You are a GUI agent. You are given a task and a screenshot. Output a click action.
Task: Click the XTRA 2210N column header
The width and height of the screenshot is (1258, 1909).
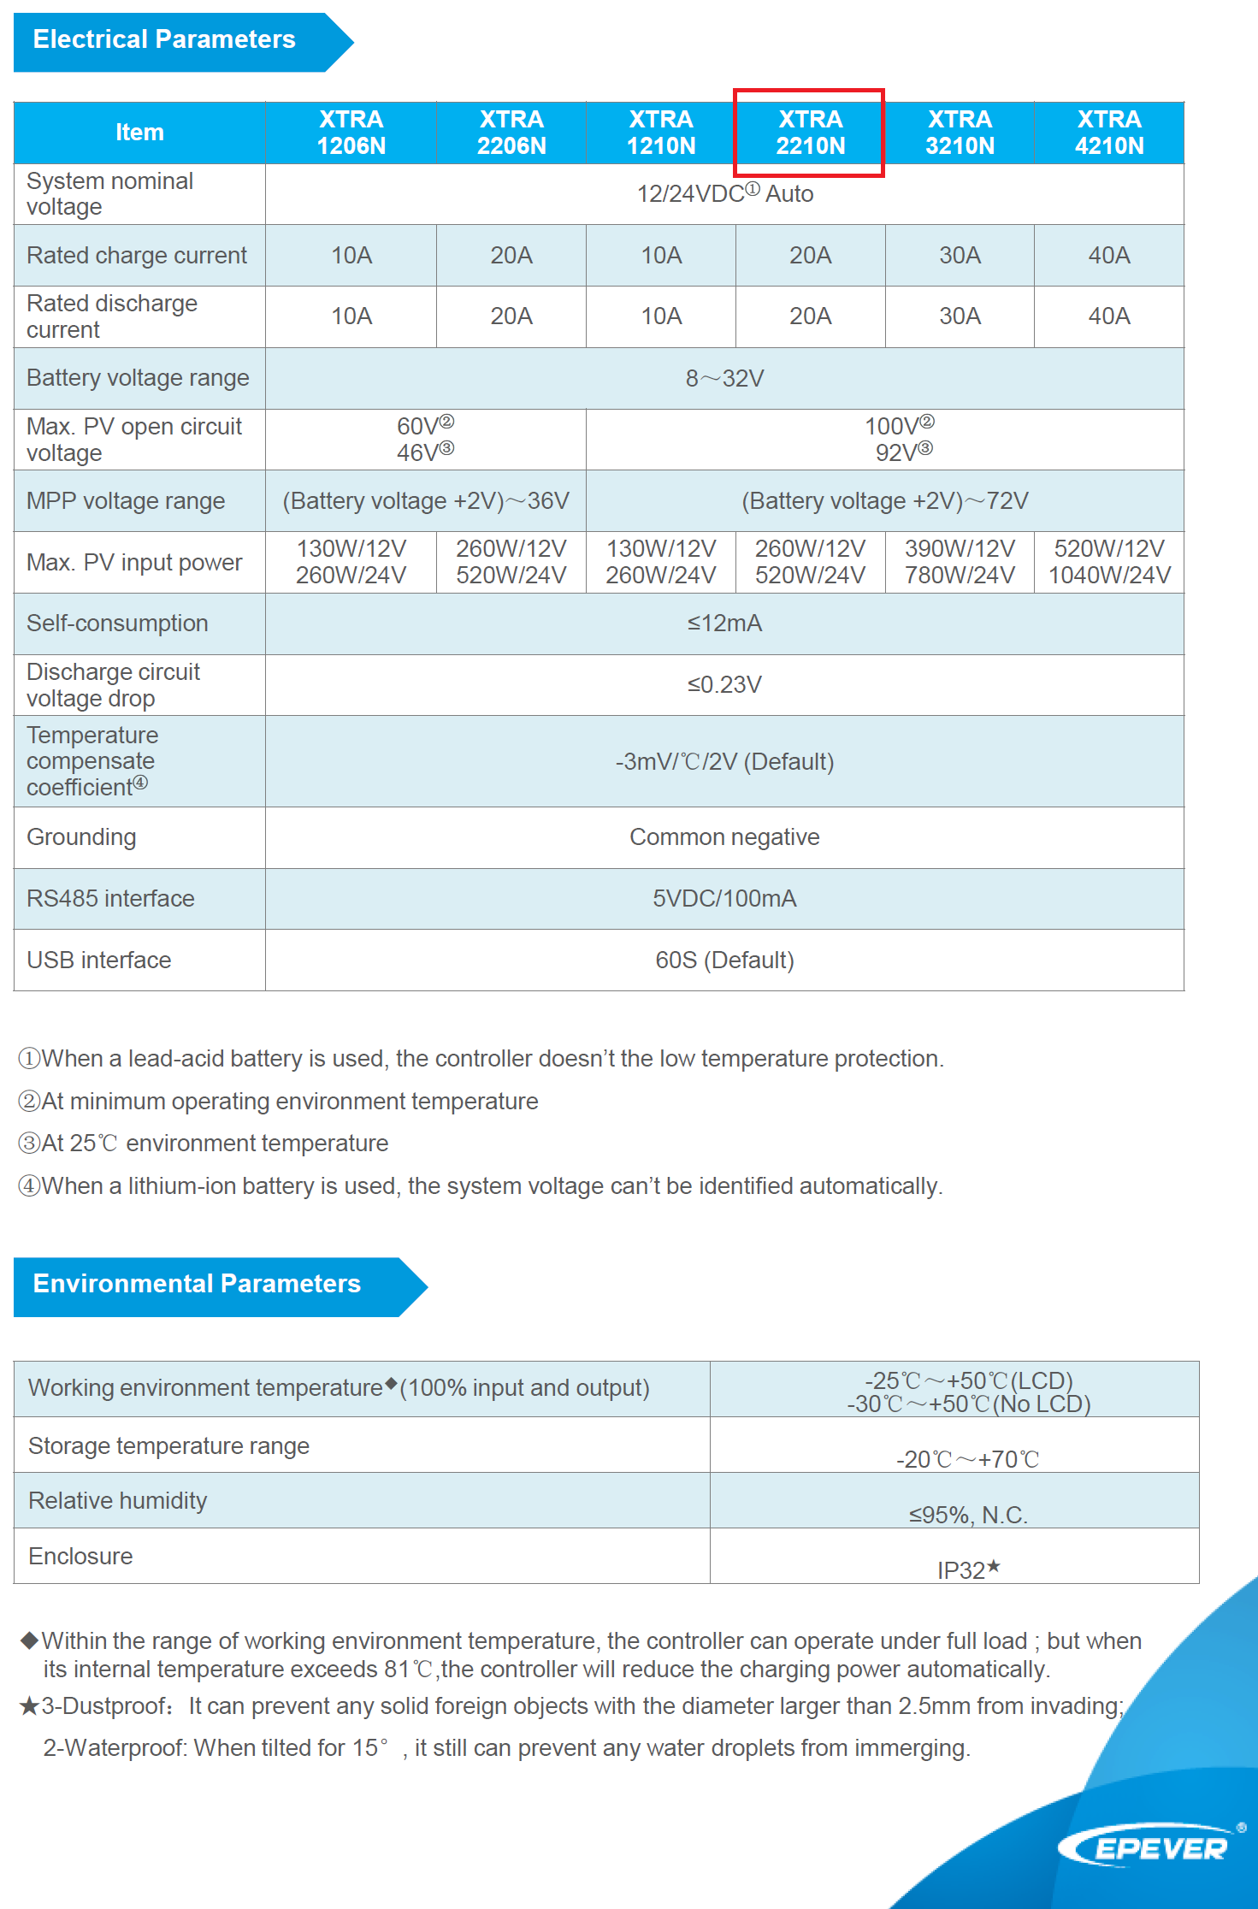(810, 133)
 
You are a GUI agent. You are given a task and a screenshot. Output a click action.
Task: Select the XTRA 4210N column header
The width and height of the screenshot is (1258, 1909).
(1108, 133)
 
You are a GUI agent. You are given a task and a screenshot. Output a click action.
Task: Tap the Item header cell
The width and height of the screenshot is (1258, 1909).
(139, 133)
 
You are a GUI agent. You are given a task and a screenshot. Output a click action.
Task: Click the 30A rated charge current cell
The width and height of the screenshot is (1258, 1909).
(960, 256)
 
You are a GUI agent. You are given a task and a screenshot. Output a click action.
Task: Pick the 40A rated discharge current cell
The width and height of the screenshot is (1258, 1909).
(1108, 316)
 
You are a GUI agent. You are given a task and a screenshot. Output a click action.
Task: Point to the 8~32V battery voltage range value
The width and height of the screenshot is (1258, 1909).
(724, 378)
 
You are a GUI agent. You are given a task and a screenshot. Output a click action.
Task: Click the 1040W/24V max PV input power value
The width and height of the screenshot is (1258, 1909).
(1109, 576)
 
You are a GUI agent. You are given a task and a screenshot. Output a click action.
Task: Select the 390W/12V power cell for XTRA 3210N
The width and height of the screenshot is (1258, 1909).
(960, 549)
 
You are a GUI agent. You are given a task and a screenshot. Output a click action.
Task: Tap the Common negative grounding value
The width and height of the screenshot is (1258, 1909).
(724, 837)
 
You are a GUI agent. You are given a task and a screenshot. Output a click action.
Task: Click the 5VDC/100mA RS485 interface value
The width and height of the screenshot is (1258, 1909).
(724, 899)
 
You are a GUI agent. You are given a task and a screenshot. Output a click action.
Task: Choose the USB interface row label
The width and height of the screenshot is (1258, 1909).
(99, 960)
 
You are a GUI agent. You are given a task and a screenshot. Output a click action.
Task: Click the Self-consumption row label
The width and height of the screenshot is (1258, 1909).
(117, 624)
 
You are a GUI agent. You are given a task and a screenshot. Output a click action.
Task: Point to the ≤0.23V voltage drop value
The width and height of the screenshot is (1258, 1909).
(724, 685)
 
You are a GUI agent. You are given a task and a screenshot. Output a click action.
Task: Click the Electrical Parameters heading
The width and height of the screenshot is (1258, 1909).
(164, 40)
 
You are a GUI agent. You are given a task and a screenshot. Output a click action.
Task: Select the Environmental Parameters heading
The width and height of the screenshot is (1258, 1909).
(197, 1285)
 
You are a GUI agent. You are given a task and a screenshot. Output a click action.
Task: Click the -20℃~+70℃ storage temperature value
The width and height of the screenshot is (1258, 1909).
(967, 1459)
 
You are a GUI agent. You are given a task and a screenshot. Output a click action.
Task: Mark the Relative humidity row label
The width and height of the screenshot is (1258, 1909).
(118, 1501)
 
